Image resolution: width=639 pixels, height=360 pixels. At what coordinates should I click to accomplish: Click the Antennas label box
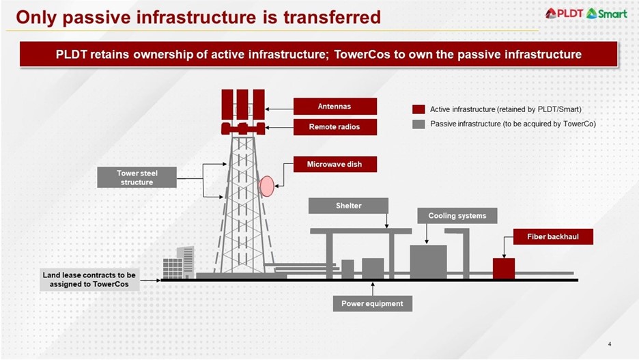[x=335, y=107]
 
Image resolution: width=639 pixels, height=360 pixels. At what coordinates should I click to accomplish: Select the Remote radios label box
[x=335, y=127]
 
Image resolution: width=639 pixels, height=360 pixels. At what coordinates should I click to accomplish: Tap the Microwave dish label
[x=335, y=165]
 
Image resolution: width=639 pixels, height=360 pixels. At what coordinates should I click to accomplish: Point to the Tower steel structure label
[x=137, y=177]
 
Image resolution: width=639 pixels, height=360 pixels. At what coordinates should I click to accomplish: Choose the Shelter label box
[x=348, y=206]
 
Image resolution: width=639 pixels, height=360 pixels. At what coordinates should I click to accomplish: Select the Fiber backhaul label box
[x=553, y=236]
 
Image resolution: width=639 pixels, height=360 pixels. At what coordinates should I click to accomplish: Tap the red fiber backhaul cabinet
[x=504, y=268]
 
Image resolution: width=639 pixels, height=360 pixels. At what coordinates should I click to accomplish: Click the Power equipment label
[x=372, y=303]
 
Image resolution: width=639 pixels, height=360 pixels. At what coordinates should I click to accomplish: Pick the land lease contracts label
[x=89, y=279]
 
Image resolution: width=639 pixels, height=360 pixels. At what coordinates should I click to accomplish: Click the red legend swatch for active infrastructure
[x=418, y=109]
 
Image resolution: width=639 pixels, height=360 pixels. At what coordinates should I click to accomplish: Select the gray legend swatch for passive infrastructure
[x=418, y=124]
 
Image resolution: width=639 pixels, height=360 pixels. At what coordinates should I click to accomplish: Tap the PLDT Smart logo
[x=586, y=13]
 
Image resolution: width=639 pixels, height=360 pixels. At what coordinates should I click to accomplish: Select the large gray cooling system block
[x=428, y=262]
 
